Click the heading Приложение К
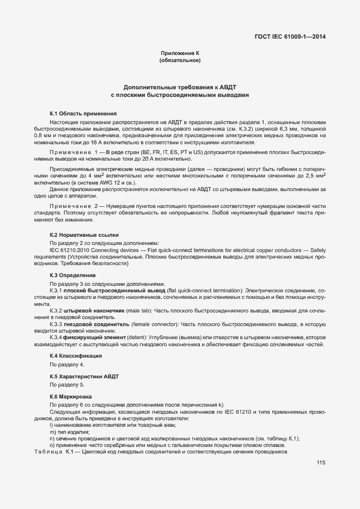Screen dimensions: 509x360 coord(180,53)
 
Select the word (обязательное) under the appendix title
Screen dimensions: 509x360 coord(180,60)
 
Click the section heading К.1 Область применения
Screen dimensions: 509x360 coord(83,113)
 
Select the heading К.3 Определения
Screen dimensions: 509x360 coord(73,276)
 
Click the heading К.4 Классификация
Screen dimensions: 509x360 coord(76,355)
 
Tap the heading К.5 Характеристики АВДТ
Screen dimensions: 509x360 coord(84,377)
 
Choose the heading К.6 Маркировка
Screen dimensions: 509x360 coord(71,397)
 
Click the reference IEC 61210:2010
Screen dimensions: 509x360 coord(71,249)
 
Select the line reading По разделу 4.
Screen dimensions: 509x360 coord(67,364)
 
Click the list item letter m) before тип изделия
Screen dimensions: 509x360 coord(53,432)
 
